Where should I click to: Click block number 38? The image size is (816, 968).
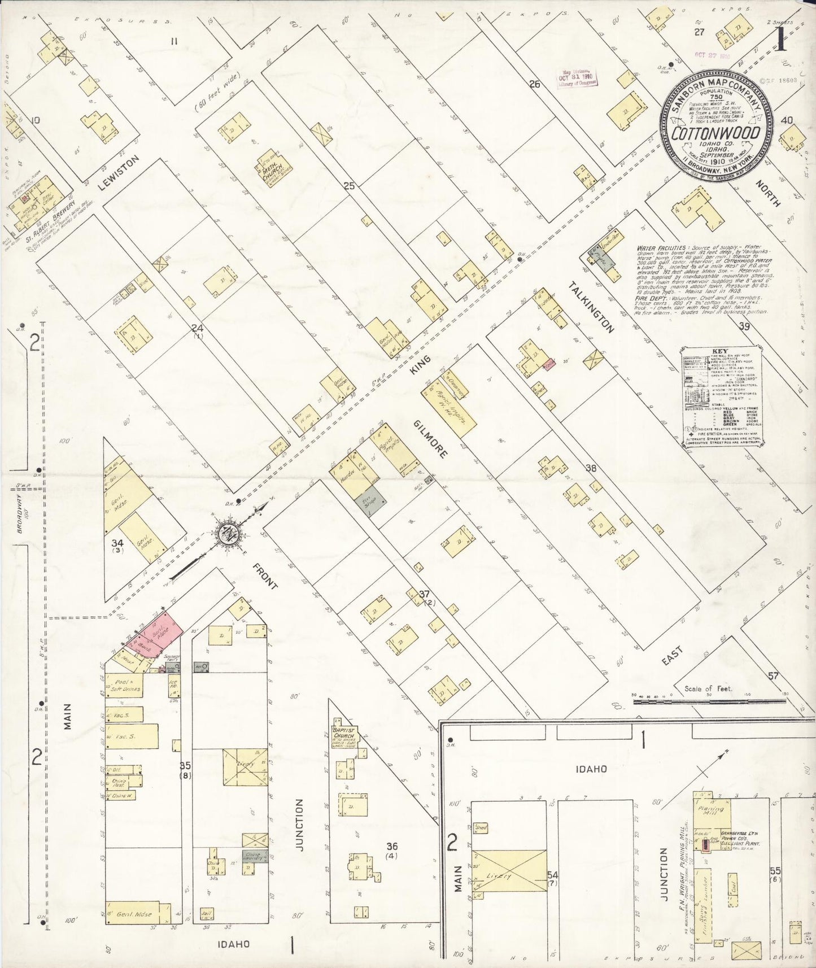coord(591,468)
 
